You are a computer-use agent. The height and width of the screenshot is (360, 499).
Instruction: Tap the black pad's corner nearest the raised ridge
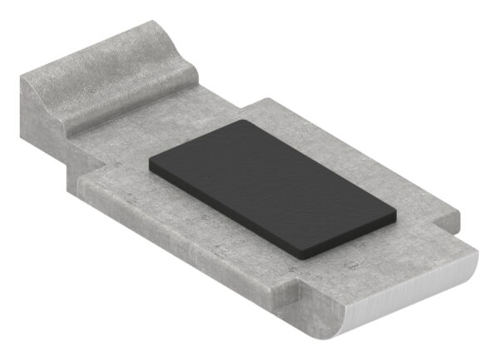click(241, 121)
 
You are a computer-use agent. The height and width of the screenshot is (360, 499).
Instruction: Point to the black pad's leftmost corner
click(151, 165)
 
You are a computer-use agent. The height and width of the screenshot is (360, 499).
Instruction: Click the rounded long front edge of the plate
click(183, 241)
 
